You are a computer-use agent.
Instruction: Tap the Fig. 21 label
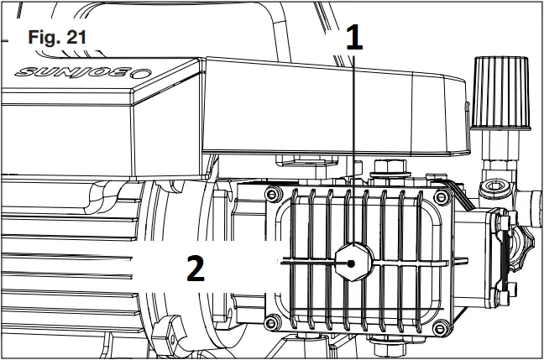[57, 39]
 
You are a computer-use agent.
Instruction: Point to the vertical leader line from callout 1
[353, 151]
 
